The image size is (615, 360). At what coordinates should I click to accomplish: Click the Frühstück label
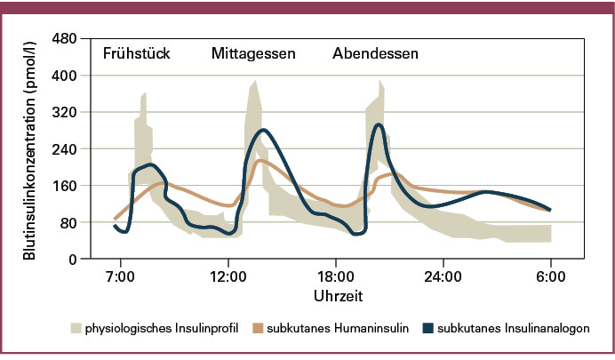pos(137,53)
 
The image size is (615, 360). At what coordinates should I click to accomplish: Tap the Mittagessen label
pos(253,53)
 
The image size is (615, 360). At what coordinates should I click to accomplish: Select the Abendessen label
pos(376,53)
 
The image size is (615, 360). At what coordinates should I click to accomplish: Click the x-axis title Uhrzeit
pos(338,293)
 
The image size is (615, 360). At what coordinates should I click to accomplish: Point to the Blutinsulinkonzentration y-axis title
pos(30,149)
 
